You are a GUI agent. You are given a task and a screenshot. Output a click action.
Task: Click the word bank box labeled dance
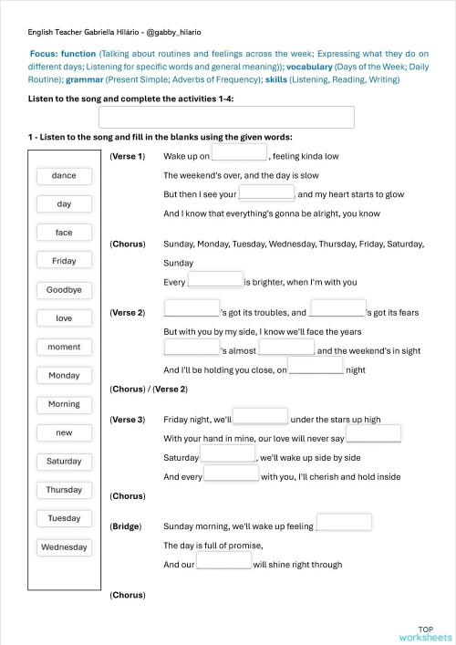point(64,175)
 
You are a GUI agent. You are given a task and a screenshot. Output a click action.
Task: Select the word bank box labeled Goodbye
point(64,290)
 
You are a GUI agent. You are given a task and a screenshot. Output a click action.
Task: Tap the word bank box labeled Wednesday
point(64,547)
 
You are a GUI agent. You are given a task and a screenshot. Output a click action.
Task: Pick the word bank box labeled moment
point(64,347)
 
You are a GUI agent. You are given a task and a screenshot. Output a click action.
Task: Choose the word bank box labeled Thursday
point(64,490)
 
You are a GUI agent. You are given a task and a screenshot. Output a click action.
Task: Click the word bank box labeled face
point(64,233)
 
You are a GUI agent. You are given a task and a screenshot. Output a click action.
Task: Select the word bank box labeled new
point(64,432)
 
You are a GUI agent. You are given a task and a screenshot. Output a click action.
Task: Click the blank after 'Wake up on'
point(240,153)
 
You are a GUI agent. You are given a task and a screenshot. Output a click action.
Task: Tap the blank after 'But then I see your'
point(266,192)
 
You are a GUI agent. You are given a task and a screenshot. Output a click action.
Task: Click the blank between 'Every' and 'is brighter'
point(215,280)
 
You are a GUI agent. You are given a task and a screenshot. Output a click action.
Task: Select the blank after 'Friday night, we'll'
point(261,417)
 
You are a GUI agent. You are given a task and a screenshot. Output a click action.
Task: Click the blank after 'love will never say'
point(373,435)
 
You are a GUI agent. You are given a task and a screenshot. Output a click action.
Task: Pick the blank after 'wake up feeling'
point(344,523)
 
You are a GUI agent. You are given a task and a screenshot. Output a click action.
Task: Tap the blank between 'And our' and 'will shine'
point(224,562)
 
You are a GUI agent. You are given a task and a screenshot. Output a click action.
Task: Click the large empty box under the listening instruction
point(226,117)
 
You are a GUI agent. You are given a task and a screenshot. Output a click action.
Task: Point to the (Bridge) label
point(125,526)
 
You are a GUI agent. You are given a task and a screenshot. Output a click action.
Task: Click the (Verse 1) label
point(127,157)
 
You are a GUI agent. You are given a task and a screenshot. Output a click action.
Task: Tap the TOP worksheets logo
point(425,632)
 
